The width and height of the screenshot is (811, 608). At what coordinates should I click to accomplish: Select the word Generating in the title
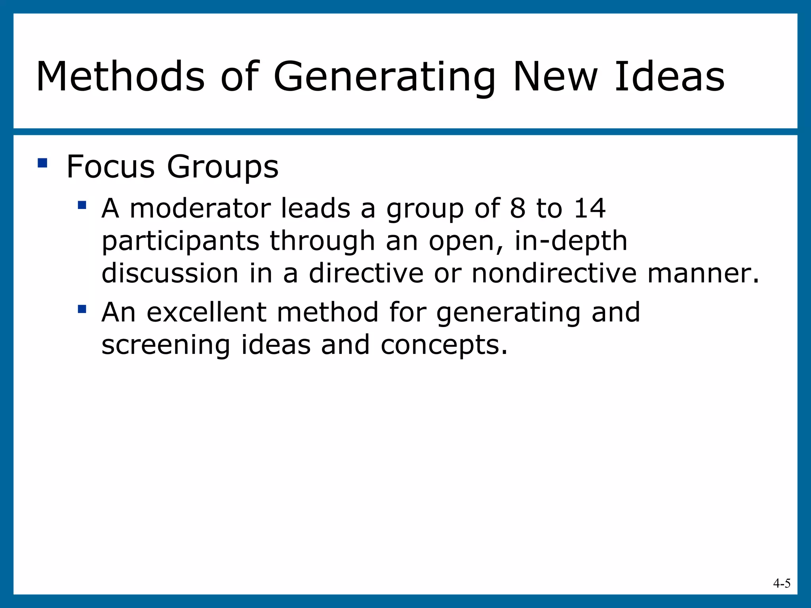point(384,77)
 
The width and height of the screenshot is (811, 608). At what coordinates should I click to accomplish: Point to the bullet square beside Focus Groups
point(42,163)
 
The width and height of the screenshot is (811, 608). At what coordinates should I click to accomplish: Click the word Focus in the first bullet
point(110,167)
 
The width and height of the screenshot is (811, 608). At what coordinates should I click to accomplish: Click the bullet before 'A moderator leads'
point(82,205)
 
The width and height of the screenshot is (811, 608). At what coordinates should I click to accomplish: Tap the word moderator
point(200,209)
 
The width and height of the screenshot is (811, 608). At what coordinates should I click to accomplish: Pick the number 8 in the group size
point(518,209)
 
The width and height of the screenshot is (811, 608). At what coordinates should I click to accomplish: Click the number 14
point(590,209)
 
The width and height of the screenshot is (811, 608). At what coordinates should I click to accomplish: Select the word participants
point(181,242)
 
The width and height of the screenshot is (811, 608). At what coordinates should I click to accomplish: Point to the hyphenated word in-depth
point(571,241)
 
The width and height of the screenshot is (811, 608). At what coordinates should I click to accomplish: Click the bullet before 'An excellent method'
point(82,309)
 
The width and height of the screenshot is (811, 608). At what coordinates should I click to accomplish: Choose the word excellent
point(206,312)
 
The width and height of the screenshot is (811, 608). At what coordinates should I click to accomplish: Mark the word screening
point(166,346)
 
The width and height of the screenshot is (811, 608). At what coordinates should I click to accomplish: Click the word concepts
point(444,346)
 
